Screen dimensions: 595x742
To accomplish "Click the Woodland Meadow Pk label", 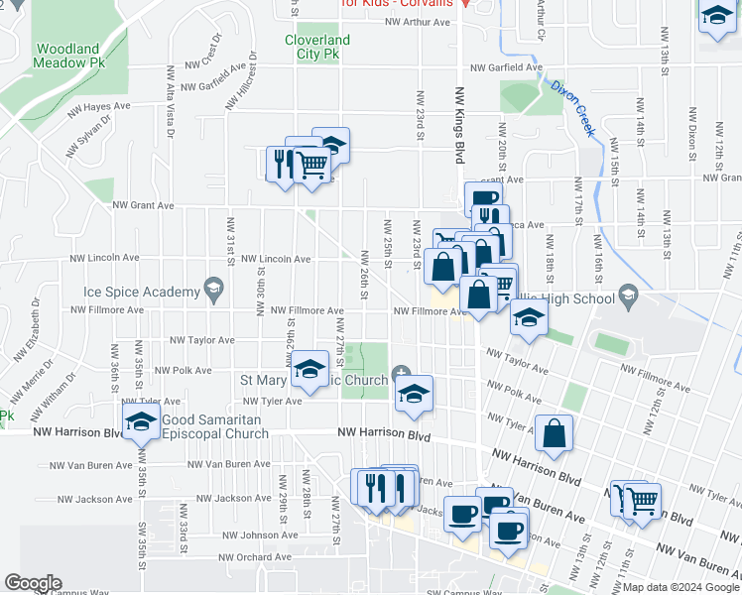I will pos(67,57).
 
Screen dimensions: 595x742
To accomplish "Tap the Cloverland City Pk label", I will pos(317,48).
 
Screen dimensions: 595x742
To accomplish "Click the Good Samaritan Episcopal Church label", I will pos(212,427).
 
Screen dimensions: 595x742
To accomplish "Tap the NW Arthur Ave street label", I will pos(418,21).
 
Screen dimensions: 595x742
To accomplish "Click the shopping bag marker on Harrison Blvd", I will pos(554,433).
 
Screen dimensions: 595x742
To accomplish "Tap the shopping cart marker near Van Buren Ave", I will pos(642,499).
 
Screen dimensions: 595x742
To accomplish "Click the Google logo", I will pos(33,583).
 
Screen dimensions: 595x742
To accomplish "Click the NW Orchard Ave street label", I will pos(256,557).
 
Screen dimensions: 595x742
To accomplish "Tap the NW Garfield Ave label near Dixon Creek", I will pos(507,68).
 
